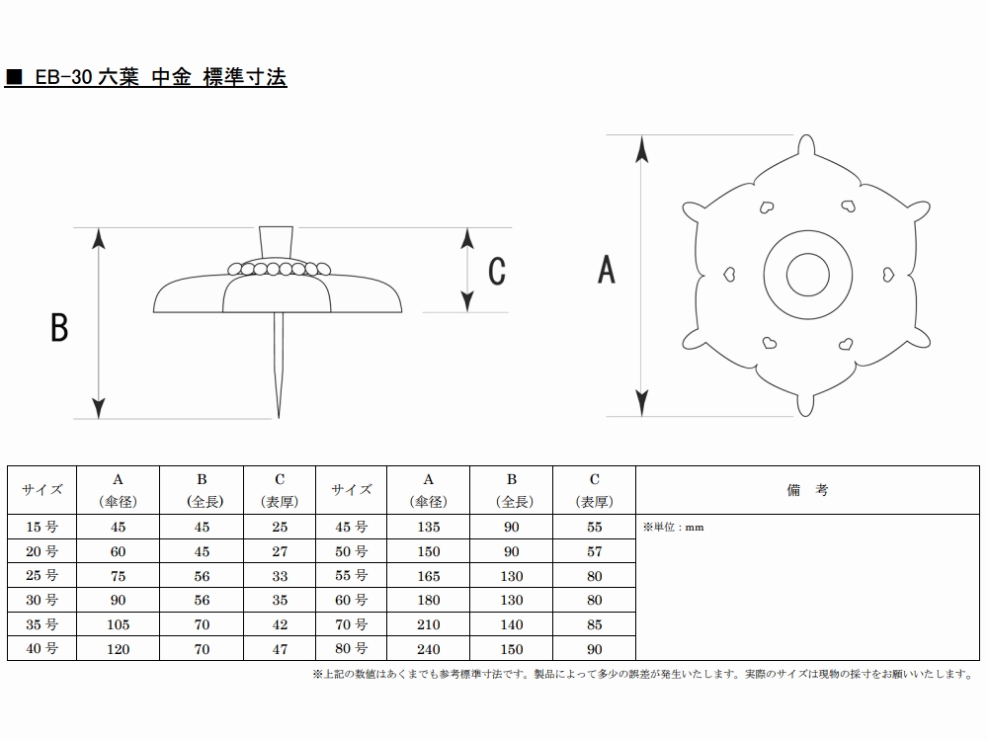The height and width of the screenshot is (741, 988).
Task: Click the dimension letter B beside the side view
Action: (59, 327)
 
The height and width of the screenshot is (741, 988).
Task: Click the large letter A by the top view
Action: (607, 269)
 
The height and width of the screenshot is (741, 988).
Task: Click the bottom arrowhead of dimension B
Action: (98, 408)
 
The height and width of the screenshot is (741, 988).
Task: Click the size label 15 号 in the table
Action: (42, 527)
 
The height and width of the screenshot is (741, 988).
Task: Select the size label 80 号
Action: (351, 649)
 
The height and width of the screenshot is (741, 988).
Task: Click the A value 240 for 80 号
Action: (429, 649)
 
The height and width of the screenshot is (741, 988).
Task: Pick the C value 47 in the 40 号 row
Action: (280, 649)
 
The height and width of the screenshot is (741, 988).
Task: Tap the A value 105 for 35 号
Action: (119, 624)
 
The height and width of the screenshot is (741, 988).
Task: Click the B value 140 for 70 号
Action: (512, 624)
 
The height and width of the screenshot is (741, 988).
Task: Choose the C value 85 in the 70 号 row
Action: (594, 624)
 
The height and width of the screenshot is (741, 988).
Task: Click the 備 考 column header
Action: (807, 489)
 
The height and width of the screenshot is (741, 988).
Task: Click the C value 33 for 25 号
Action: (280, 576)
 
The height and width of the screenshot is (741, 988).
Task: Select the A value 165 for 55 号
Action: (429, 576)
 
